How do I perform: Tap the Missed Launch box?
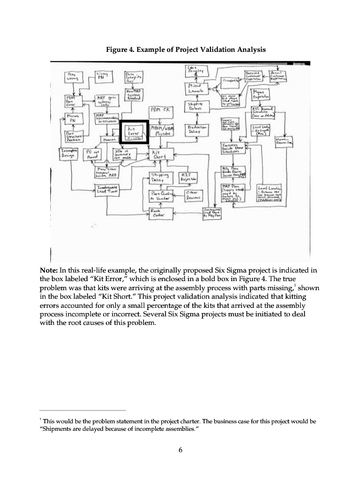[194, 89]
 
